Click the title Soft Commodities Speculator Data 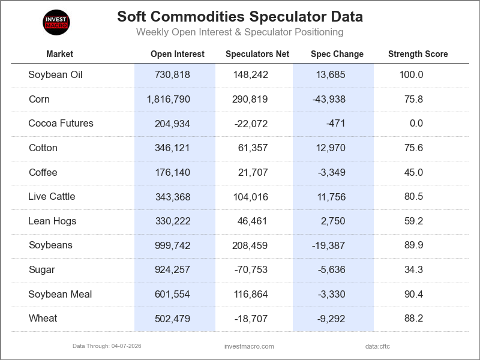click(239, 16)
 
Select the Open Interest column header click(177, 54)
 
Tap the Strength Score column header click(418, 54)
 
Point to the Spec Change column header click(337, 54)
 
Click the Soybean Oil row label click(55, 75)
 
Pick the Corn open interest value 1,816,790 click(169, 100)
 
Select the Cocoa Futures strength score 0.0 click(416, 124)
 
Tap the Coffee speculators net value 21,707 click(253, 173)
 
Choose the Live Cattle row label click(52, 197)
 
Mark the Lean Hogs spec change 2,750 click(333, 221)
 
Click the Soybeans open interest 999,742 click(172, 245)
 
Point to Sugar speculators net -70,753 click(251, 270)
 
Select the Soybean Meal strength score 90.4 click(413, 295)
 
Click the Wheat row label click(43, 319)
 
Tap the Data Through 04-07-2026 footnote click(107, 346)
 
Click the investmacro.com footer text click(248, 346)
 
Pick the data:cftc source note click(377, 346)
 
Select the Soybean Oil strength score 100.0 click(411, 75)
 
